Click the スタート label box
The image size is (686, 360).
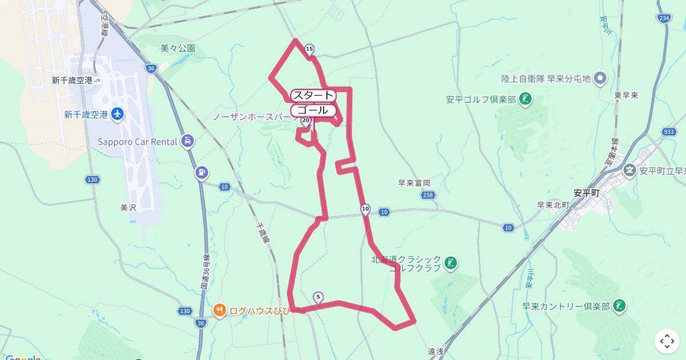coord(313,95)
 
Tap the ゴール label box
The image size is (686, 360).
coord(313,110)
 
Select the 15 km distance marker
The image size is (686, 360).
coord(309,50)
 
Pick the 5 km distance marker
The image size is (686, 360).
coord(318,297)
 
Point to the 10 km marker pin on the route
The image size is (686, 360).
coord(366,209)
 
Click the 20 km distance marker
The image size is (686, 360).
coord(306,121)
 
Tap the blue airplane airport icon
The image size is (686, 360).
coord(118,114)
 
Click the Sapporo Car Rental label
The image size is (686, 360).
coord(137,142)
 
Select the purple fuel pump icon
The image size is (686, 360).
coord(201,172)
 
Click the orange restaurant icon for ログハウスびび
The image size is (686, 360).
coord(220,310)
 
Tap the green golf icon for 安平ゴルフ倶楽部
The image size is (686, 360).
coord(525,99)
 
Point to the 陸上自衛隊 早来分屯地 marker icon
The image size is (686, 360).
coord(600,78)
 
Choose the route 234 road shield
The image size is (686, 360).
coord(664,18)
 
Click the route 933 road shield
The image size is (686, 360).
coord(669,132)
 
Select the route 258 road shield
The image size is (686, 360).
coord(429,195)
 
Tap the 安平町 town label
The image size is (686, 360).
coord(586,193)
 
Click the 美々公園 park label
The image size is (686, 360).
coord(178,49)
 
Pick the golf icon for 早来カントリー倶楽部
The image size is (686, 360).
coord(619,306)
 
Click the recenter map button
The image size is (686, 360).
coord(667,341)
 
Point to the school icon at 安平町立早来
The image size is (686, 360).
coord(629,170)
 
